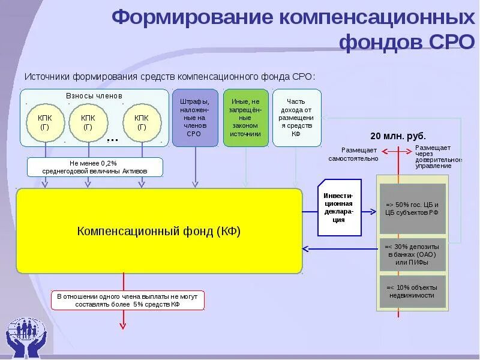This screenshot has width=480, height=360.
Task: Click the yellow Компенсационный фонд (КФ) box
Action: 159,231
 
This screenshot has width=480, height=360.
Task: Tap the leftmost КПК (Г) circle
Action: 44,122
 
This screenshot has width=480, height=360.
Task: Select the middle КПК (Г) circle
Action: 88,122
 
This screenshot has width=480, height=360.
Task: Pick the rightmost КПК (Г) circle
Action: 142,122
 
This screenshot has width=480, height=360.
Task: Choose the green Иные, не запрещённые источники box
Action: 245,118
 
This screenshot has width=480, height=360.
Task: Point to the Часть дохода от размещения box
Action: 296,118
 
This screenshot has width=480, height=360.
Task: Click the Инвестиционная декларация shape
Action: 339,208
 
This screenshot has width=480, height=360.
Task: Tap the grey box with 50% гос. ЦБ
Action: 413,209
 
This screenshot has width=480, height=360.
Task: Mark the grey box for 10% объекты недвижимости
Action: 413,291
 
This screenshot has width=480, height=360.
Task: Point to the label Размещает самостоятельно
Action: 353,154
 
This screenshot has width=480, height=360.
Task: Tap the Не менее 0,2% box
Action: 94,167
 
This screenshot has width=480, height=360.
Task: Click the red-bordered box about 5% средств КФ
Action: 127,300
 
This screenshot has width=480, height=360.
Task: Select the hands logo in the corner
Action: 27,336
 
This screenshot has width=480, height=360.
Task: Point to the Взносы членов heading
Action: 94,96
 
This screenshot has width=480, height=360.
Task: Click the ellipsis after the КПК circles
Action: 112,138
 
